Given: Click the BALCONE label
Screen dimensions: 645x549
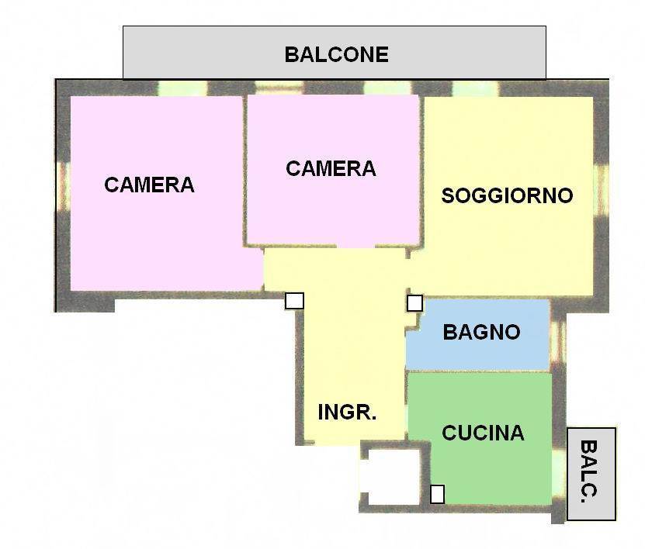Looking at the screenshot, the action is coord(337,54).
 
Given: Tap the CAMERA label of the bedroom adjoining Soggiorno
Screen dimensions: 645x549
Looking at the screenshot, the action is coord(331,168).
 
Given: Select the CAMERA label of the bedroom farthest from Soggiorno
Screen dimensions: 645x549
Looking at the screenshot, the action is coord(149,185).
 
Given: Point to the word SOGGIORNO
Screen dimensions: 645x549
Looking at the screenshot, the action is coord(507,195).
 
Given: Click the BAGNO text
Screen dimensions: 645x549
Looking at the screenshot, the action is coord(481,332).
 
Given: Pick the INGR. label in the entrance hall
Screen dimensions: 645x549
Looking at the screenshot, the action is coord(347,413).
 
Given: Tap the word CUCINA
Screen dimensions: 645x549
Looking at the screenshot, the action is coord(483,433).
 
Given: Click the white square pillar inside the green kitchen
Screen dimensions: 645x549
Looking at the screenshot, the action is coord(437,494).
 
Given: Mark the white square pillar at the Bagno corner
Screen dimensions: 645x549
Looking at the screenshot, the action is coord(414,303).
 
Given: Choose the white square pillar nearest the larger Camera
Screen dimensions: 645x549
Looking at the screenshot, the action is coord(294,301).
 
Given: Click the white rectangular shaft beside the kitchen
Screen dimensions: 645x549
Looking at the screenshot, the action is coord(394,477).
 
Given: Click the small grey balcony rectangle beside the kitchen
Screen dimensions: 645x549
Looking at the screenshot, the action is coord(591,474).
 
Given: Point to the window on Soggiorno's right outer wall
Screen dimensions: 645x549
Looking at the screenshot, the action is coord(601,190).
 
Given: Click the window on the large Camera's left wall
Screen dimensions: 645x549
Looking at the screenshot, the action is coord(63,187).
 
